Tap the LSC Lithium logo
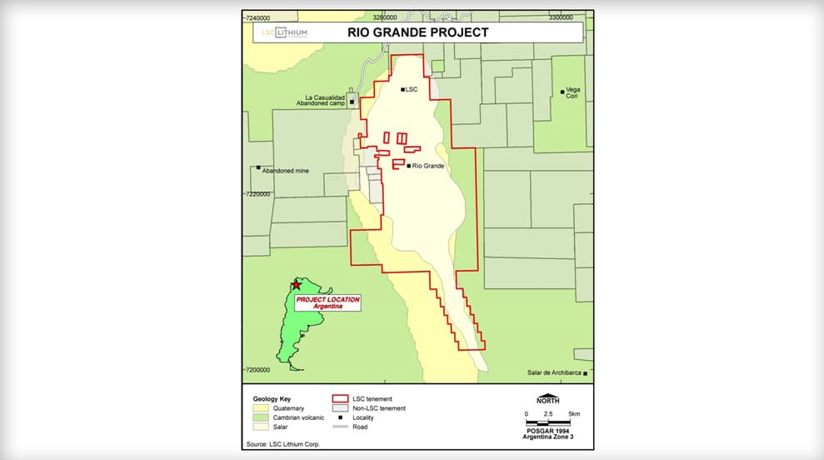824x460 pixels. [284, 32]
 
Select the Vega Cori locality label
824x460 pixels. [572, 92]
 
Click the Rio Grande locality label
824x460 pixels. [427, 166]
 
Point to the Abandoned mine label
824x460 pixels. [285, 170]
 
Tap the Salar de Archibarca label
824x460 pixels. [555, 372]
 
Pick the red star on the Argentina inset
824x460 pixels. [296, 285]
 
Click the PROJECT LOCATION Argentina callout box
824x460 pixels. [327, 303]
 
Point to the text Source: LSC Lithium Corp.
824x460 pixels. [283, 444]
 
